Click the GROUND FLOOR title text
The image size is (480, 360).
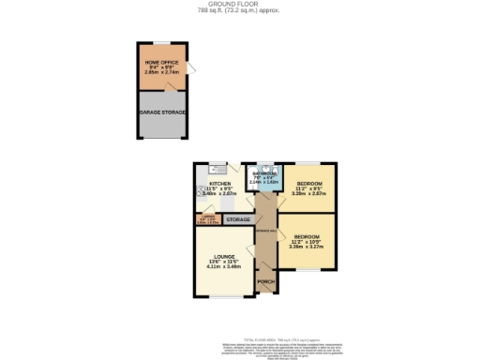pos(239,5)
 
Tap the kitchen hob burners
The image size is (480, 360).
pos(200,193)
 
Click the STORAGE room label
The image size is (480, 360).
pos(237,219)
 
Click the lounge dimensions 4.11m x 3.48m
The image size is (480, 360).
pos(223,266)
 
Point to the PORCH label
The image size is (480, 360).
pos(265,281)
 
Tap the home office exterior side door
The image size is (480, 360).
pos(192,70)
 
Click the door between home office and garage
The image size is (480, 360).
pos(170,87)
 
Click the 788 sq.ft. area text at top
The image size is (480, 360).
pos(239,11)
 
